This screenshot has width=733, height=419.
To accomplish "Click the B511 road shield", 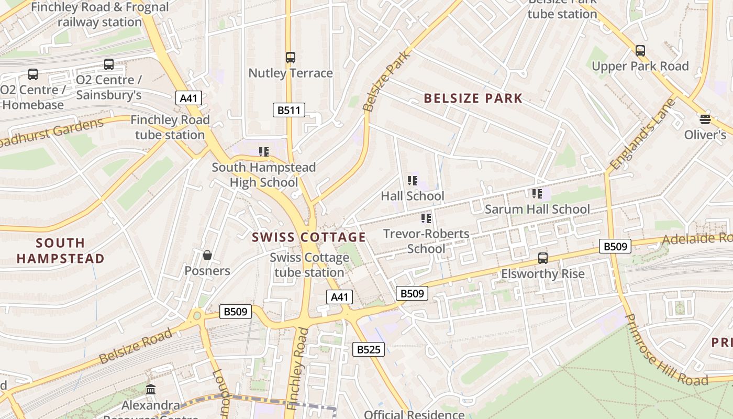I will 288,110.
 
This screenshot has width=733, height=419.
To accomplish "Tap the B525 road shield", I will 369,349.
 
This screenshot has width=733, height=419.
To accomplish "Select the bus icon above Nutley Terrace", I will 290,58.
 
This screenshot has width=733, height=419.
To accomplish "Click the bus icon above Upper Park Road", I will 640,51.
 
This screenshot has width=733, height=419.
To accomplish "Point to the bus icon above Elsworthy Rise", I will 543,258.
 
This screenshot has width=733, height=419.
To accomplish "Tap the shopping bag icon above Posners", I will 207,255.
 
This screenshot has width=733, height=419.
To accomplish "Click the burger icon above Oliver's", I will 705,119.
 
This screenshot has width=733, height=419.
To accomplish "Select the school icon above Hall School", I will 412,181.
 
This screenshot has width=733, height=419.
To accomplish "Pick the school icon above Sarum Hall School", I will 537,194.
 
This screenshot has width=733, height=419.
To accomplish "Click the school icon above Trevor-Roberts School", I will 426,218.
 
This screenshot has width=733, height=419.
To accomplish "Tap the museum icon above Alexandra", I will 151,390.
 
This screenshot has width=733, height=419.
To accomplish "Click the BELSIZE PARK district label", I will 473,98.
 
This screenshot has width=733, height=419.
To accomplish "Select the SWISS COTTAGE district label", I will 309,237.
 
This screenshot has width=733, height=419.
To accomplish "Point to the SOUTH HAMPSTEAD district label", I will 61,250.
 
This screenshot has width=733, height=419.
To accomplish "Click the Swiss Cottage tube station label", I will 309,265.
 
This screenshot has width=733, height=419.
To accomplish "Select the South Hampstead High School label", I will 264,175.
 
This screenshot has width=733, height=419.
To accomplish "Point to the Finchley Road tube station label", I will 170,127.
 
